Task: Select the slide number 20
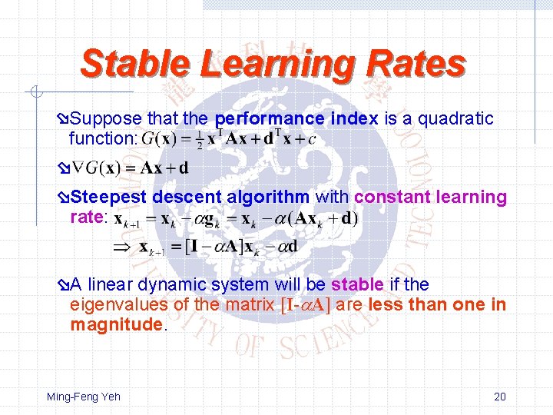click(500, 397)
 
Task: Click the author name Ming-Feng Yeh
click(84, 397)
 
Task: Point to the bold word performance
click(270, 119)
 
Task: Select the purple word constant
click(392, 198)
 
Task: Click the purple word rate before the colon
click(85, 217)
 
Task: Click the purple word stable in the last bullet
click(356, 284)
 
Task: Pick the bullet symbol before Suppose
click(63, 120)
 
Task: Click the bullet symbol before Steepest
click(63, 198)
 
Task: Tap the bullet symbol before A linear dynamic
click(63, 285)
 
